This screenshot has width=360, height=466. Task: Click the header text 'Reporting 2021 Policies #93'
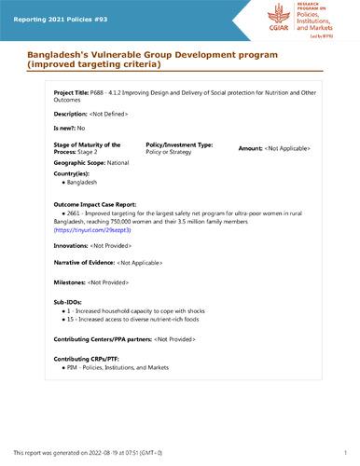point(57,11)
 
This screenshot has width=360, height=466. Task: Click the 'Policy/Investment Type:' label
point(180,145)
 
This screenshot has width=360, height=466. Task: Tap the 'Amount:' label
point(251,148)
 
